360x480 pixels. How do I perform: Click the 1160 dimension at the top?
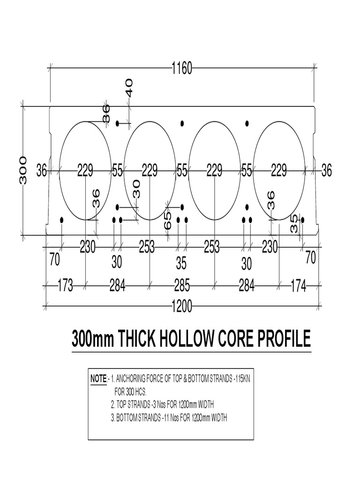coord(181,69)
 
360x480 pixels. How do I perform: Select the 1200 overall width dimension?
coord(181,307)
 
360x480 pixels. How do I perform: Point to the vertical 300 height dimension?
coord(23,170)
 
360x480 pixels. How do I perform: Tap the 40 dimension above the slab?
coord(128,87)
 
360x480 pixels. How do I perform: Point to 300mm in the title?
coord(93,338)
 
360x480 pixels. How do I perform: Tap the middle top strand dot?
coord(182,123)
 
